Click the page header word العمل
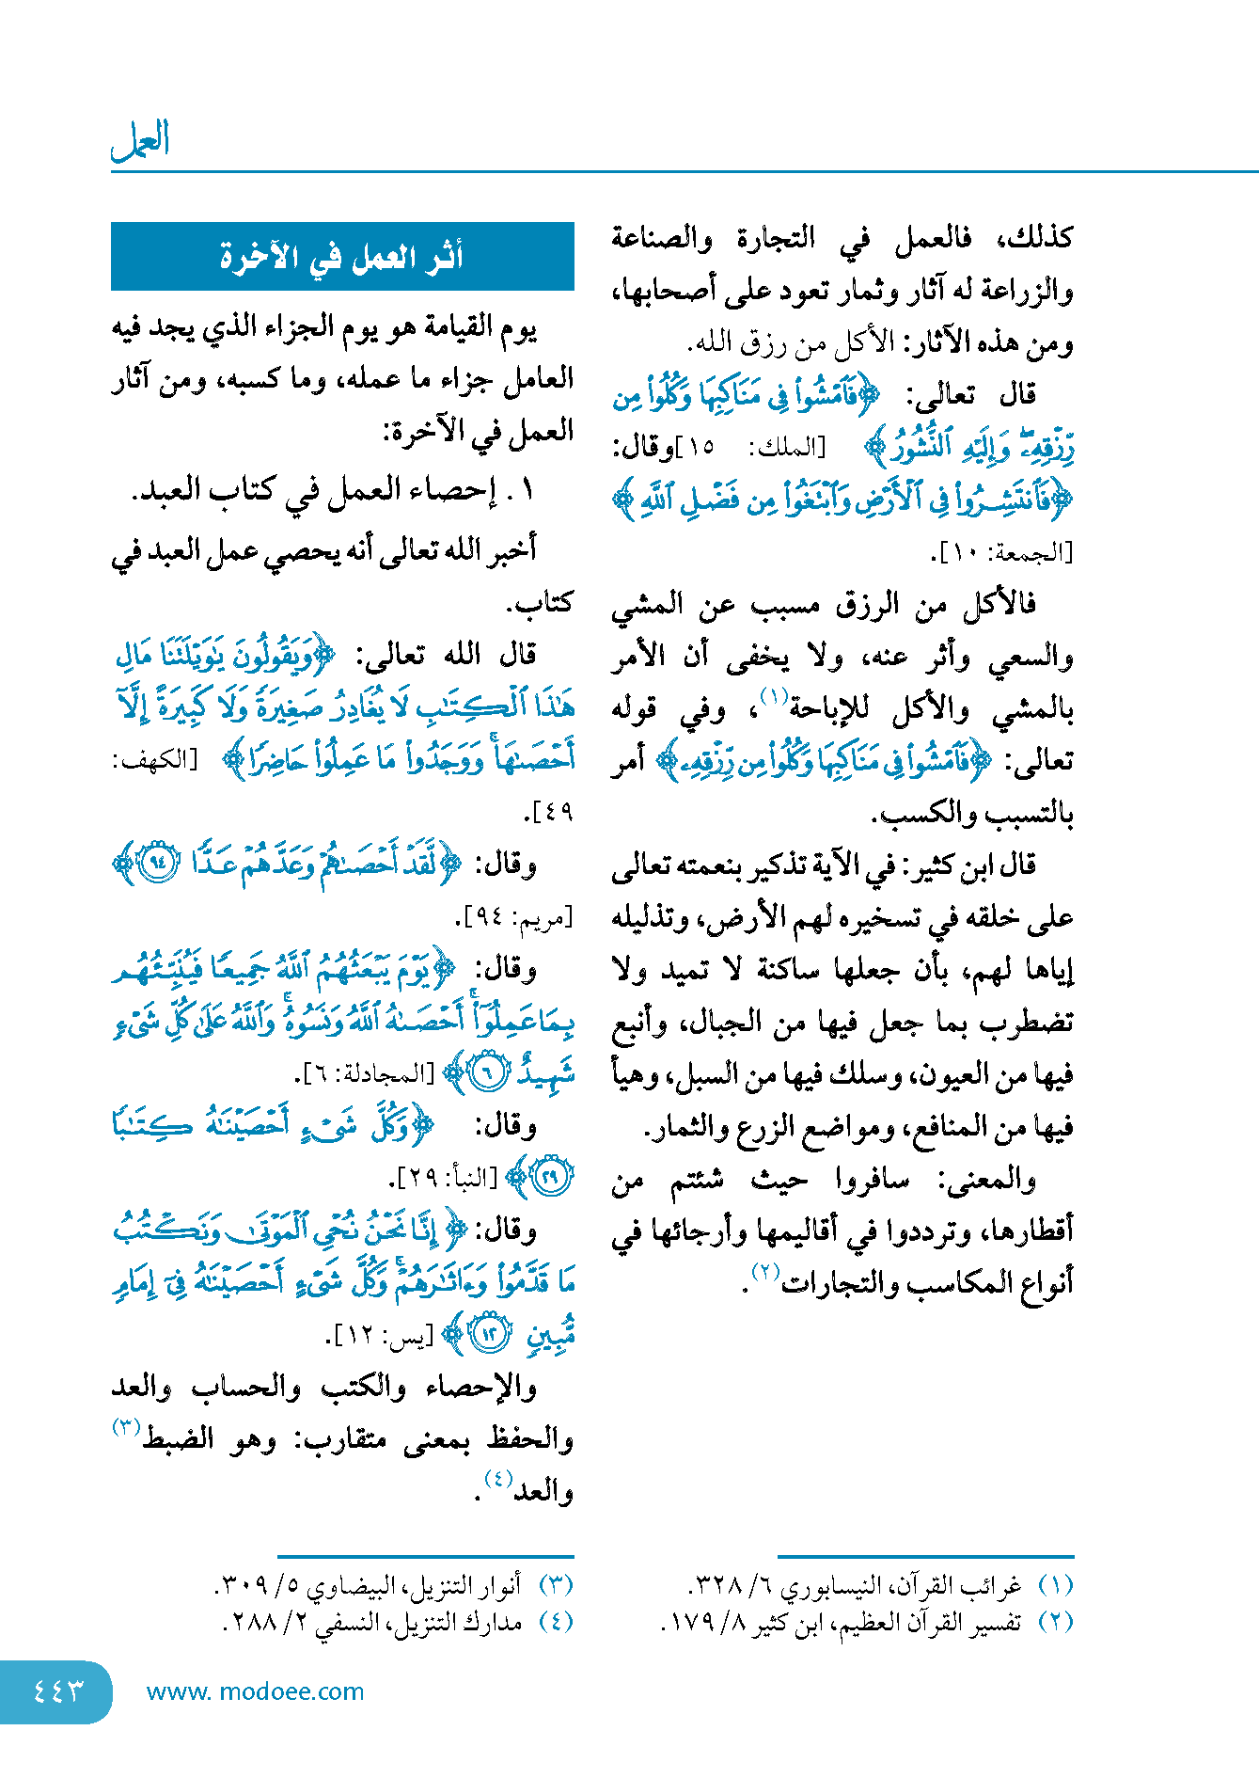(140, 141)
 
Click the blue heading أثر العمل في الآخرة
(342, 257)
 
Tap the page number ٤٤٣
(58, 1691)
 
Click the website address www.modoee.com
(255, 1691)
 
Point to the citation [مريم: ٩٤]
(514, 916)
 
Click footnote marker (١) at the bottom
(1055, 1585)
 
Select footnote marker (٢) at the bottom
(1055, 1622)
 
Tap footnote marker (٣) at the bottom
(556, 1585)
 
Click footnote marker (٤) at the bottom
(556, 1622)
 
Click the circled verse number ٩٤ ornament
(158, 864)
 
